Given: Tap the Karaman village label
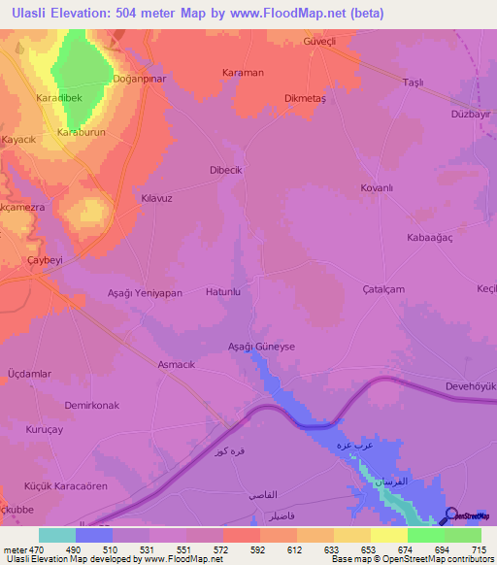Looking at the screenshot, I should (x=243, y=73).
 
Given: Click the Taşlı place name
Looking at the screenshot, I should (x=414, y=83).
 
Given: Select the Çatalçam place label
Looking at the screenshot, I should (x=383, y=288).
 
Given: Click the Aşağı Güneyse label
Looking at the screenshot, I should (x=260, y=346).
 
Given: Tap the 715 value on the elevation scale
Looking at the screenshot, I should (x=478, y=548).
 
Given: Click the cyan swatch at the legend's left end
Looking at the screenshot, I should (x=56, y=535).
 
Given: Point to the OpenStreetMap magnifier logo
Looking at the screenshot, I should (x=451, y=515).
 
